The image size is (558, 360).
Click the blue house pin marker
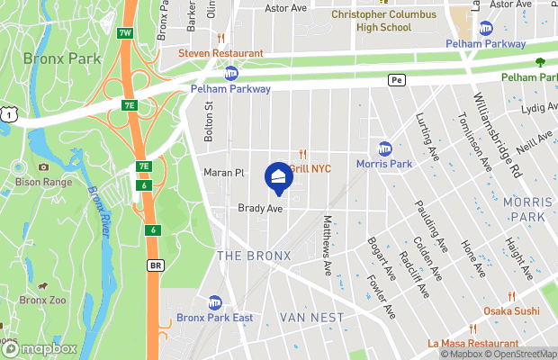[x=279, y=175]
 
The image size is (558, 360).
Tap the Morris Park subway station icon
[x=385, y=148]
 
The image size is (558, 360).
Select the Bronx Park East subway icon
[x=215, y=302]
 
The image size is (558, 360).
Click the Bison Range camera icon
[x=43, y=166]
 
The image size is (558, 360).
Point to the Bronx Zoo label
[x=42, y=300]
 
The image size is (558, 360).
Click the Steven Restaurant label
[x=220, y=53]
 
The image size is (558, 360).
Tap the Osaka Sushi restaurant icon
[x=512, y=296]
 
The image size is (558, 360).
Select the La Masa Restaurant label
[x=473, y=343]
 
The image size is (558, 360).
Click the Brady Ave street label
[x=260, y=208]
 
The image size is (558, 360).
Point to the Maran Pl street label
[x=224, y=172]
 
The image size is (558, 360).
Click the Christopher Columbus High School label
[x=383, y=21]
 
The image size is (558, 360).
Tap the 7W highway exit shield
[x=124, y=34]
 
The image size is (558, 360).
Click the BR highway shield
[x=156, y=265]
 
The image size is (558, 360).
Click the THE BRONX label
[x=255, y=256]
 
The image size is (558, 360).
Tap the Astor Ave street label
[x=286, y=8]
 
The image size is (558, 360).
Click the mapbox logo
[x=39, y=348]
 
